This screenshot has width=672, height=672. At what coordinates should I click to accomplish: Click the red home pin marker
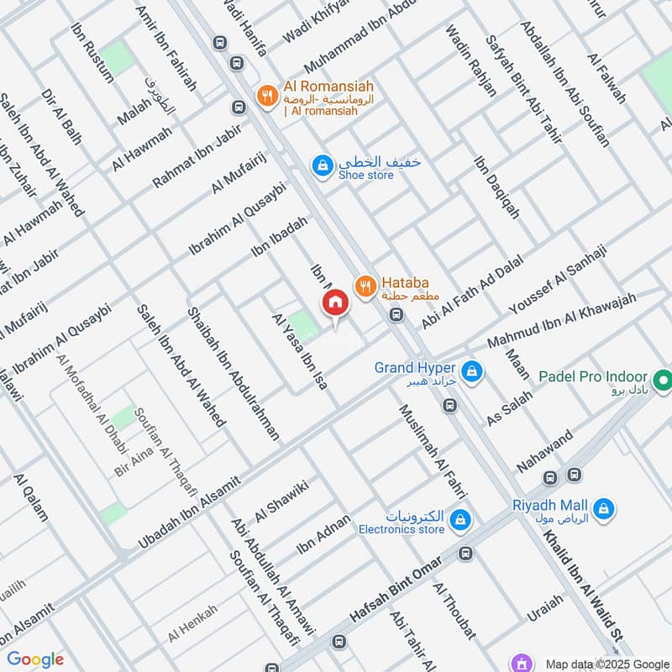point(334,303)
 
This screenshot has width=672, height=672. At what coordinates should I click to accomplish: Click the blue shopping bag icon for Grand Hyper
point(472,369)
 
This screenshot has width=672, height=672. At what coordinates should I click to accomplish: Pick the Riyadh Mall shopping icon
point(603,507)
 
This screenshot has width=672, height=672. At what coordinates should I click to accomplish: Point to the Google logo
point(35,659)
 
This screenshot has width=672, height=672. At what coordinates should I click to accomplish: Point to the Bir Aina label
point(132,462)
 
